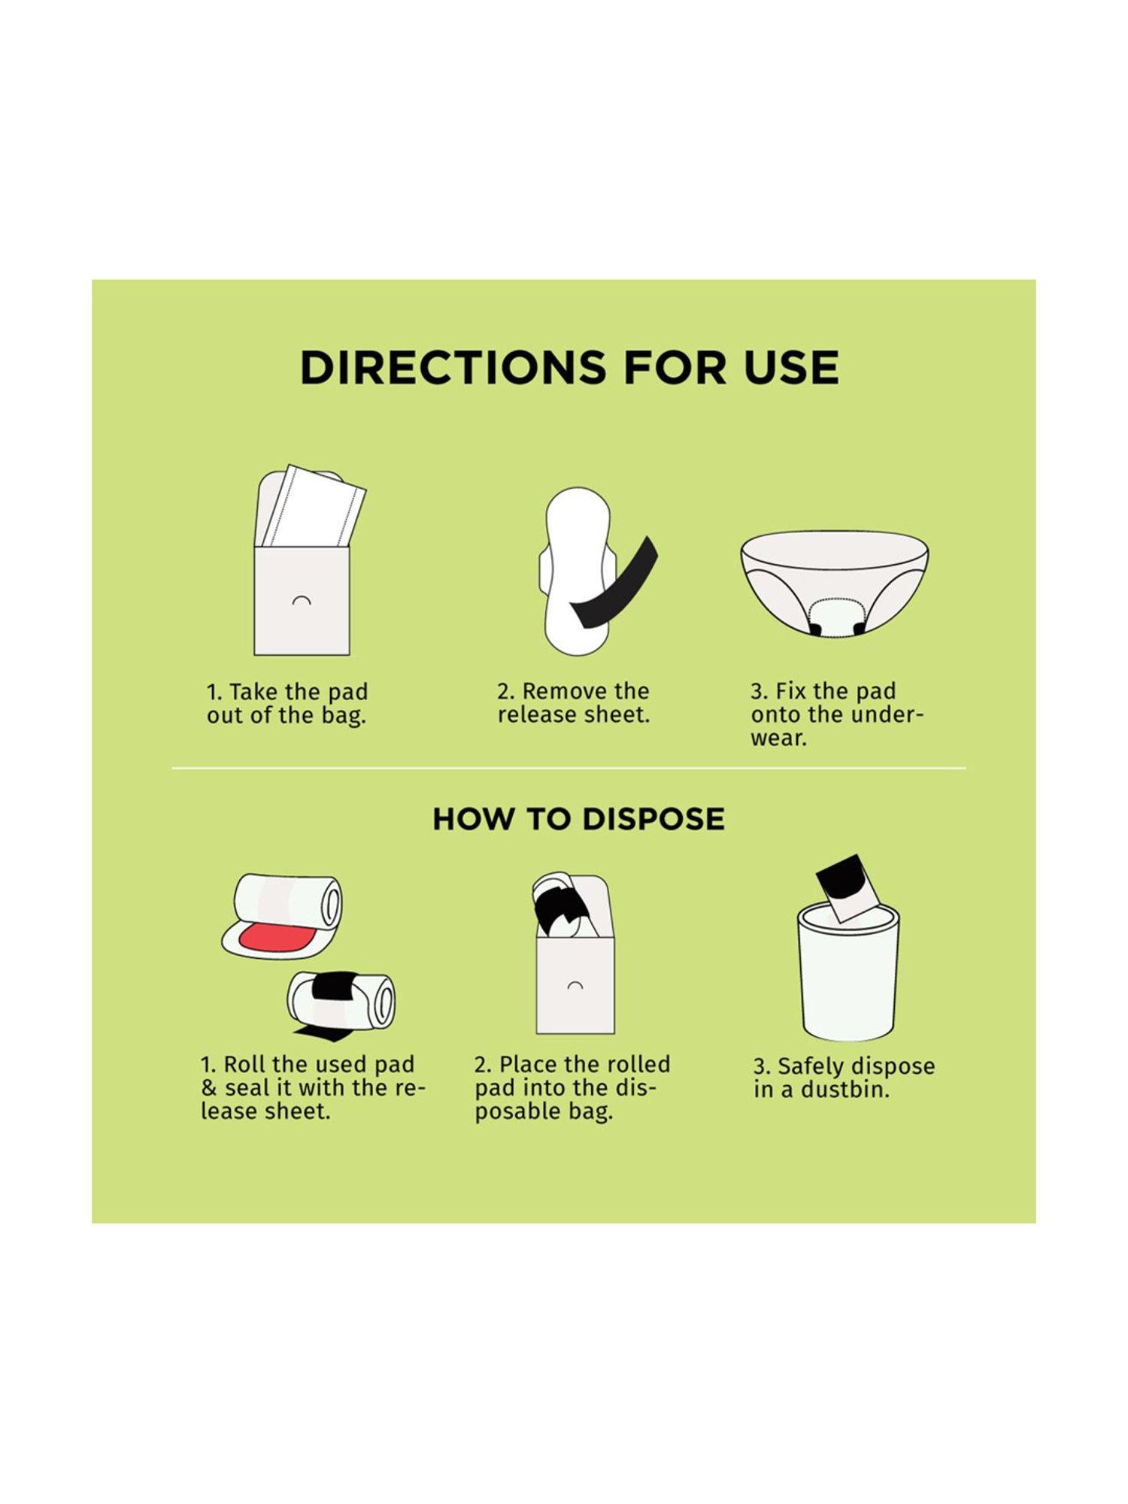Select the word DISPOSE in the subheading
653,819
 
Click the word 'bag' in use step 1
344,715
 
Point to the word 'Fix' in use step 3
790,691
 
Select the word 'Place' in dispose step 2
529,1064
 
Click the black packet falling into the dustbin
848,888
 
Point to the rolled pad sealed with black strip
341,1000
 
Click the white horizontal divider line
569,769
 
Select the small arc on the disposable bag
575,985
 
